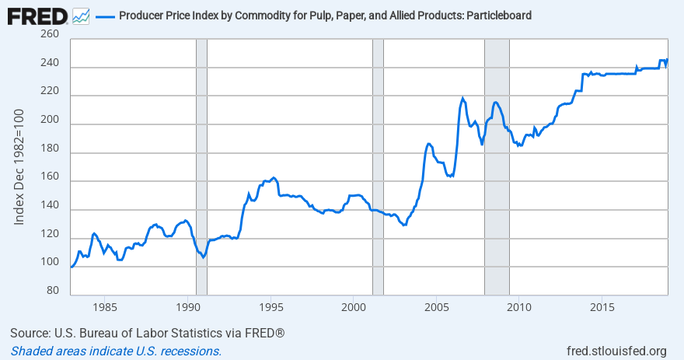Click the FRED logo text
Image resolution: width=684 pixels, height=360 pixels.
click(36, 15)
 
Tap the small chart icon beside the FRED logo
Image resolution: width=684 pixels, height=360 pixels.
click(80, 16)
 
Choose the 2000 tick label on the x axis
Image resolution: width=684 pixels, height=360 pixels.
click(353, 307)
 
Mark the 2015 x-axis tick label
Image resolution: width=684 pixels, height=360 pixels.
click(602, 307)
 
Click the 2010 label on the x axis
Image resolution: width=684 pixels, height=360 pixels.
click(519, 307)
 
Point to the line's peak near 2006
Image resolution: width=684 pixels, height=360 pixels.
click(463, 99)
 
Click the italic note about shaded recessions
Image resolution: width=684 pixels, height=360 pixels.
click(116, 351)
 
